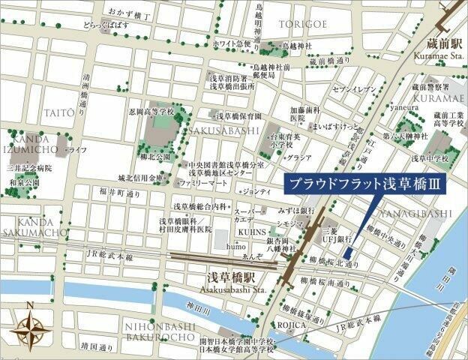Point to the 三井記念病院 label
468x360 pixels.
(x=29, y=169)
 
